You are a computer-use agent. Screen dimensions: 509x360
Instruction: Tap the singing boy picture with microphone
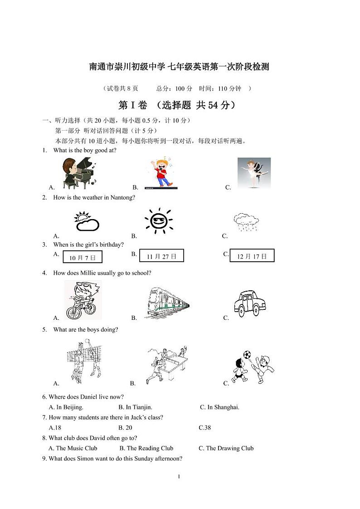161,173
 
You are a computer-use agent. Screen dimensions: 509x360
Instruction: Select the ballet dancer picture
254,173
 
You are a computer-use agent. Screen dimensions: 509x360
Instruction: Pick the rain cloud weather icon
246,222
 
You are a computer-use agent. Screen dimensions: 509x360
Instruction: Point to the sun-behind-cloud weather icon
86,221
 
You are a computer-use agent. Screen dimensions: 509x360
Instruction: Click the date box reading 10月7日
83,258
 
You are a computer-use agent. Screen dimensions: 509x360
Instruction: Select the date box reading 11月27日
161,256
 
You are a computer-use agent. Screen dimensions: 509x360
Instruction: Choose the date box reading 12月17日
252,256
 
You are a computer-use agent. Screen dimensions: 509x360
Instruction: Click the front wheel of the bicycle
74,313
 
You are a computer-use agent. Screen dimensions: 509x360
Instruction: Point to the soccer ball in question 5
247,354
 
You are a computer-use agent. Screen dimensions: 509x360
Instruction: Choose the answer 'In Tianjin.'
135,407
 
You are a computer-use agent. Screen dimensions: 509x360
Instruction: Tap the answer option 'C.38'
205,428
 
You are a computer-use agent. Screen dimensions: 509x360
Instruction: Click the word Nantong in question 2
122,197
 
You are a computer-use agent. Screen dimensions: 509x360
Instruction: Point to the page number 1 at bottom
180,476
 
